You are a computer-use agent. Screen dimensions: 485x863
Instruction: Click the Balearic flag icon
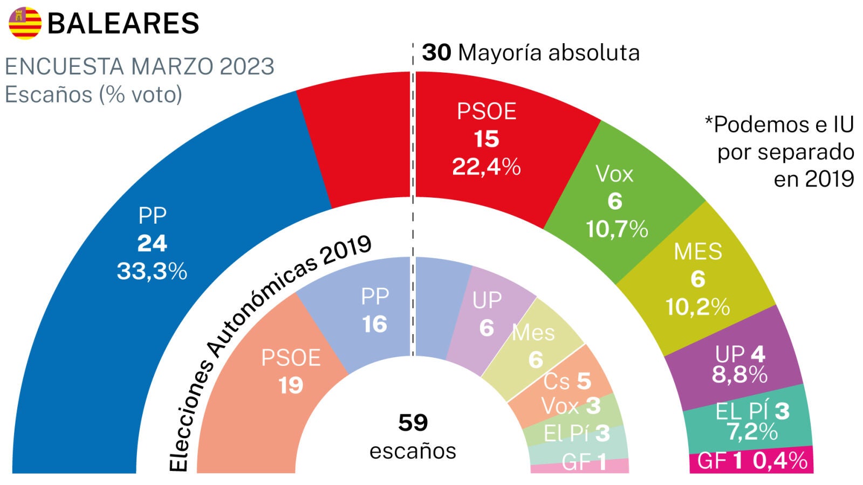pyautogui.click(x=25, y=23)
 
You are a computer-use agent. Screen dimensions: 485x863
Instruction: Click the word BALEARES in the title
pyautogui.click(x=124, y=24)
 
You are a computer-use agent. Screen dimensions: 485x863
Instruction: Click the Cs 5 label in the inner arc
pyautogui.click(x=566, y=382)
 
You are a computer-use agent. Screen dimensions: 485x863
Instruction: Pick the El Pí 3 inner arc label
pyautogui.click(x=576, y=433)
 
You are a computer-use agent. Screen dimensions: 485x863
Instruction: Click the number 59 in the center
pyautogui.click(x=413, y=422)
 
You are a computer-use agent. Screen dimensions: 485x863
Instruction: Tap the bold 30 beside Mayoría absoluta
pyautogui.click(x=436, y=53)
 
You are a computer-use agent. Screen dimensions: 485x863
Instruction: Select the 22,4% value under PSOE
pyautogui.click(x=486, y=167)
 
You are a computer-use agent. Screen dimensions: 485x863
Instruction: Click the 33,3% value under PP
pyautogui.click(x=152, y=271)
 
